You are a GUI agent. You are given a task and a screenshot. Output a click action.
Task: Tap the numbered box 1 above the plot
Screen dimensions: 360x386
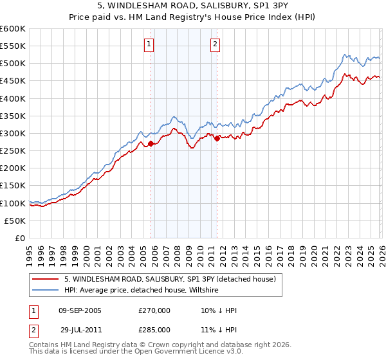click(149, 44)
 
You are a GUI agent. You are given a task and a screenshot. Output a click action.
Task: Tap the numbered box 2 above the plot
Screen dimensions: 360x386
click(215, 44)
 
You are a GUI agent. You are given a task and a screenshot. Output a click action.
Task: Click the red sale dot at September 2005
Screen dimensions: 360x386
click(151, 144)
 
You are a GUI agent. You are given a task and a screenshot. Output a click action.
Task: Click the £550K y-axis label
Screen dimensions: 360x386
click(13, 46)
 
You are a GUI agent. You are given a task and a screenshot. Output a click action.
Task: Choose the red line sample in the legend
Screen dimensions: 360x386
click(44, 279)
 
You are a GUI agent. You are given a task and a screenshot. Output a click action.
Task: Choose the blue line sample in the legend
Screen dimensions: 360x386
click(44, 290)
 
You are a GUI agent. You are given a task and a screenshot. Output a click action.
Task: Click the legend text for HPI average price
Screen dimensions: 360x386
click(142, 290)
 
